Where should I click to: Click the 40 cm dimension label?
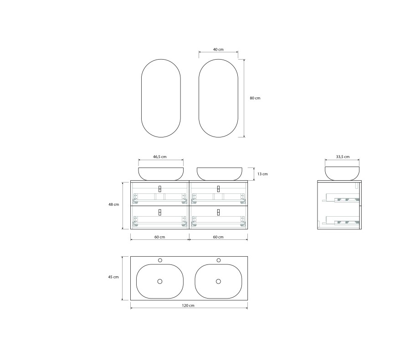[x=218, y=49]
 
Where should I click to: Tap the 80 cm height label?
[x=255, y=98]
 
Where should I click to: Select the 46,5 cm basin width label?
[x=160, y=157]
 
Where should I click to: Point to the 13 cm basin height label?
[x=262, y=174]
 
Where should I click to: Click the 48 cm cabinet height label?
[x=114, y=204]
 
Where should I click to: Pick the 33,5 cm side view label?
[x=343, y=157]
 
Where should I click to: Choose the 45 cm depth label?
[x=113, y=277]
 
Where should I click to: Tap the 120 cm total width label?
[x=188, y=305]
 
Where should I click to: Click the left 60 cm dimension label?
[x=160, y=237]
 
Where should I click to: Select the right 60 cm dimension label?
[x=218, y=237]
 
